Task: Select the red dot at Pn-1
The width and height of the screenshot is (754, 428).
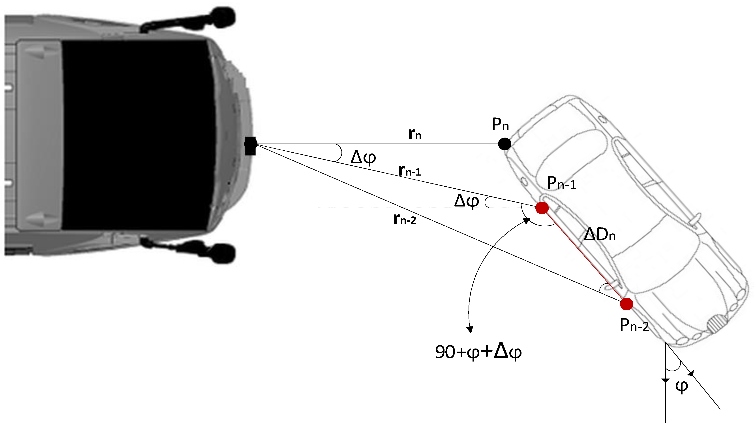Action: coord(542,208)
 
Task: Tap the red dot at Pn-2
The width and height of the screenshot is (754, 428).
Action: coord(626,304)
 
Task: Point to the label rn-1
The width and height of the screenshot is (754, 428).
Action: coord(410,170)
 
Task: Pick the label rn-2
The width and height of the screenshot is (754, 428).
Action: coord(405,219)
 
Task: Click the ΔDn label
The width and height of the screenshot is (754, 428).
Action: coord(600,234)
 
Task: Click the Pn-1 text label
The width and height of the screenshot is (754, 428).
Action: coord(561,183)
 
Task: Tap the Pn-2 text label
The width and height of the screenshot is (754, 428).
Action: coord(634,325)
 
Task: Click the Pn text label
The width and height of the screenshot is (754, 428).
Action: coord(500,124)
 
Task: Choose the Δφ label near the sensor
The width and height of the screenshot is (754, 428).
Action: coord(363,157)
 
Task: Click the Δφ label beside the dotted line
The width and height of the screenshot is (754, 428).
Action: coord(466,201)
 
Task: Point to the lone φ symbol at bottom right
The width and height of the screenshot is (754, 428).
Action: coord(681,386)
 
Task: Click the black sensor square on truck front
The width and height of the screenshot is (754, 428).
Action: coord(250,146)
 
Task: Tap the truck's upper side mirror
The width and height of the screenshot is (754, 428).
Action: coord(223,18)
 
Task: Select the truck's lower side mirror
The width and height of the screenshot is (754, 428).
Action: coord(223,253)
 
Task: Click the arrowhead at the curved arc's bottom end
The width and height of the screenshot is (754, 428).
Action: coord(470,330)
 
